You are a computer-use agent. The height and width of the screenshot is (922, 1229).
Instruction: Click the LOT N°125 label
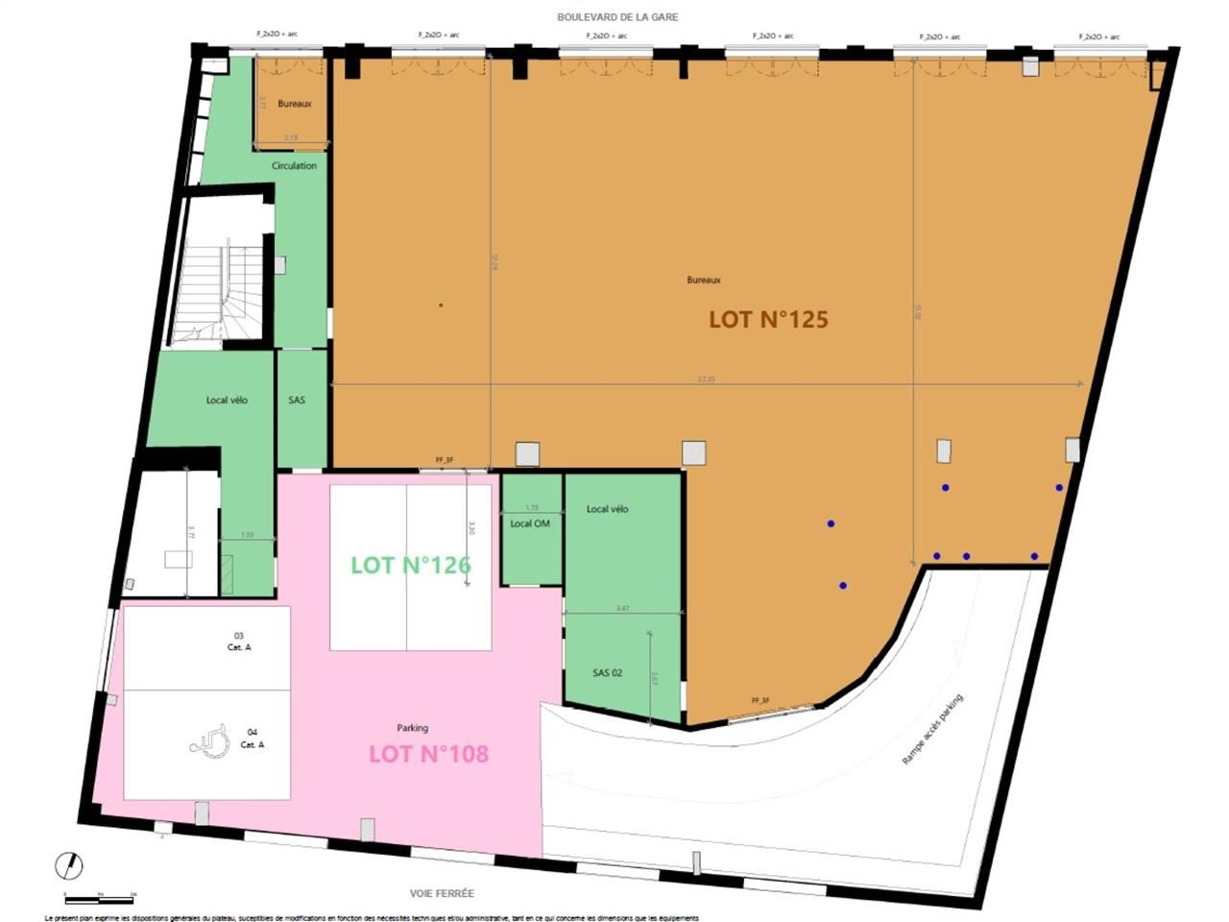[768, 320]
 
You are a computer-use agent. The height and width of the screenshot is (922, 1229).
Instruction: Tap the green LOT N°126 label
[411, 565]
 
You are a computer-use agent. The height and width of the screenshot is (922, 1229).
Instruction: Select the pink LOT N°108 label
[428, 754]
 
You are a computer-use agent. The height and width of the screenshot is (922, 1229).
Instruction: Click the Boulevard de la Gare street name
[617, 17]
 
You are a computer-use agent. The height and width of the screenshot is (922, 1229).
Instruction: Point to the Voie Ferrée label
[442, 893]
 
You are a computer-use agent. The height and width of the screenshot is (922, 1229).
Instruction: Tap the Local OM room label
[530, 523]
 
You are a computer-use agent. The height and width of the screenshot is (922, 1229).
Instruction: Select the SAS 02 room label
[607, 672]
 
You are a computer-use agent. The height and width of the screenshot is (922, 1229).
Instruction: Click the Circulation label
[294, 165]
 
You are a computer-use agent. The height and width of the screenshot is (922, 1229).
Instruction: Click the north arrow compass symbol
[69, 865]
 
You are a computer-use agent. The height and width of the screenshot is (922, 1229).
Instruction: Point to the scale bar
[99, 899]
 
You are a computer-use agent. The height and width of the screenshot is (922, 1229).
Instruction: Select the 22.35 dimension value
[706, 379]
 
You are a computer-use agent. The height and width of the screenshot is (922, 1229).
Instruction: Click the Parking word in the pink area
[412, 728]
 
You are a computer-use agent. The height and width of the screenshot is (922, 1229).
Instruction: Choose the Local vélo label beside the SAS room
[227, 400]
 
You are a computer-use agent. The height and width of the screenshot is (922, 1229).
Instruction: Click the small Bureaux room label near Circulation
[294, 104]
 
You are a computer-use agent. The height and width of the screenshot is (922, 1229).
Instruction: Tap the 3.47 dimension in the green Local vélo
[622, 608]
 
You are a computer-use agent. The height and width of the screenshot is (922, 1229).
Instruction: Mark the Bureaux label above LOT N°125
[703, 279]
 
